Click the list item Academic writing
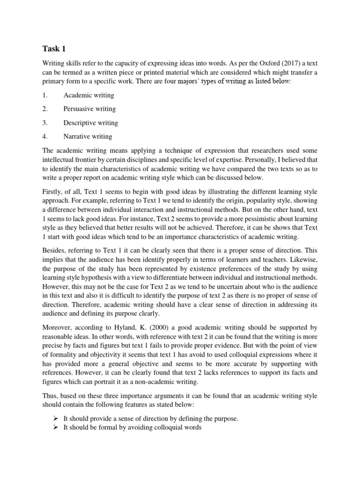[x=89, y=95]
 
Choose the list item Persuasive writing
[x=90, y=109]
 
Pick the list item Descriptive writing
[x=90, y=123]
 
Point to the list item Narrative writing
[x=88, y=136]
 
